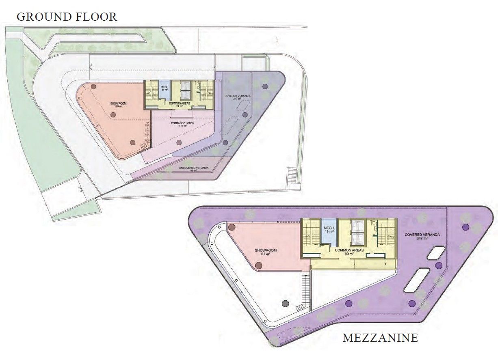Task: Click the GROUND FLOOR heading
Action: click(67, 17)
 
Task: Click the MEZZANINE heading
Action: click(380, 338)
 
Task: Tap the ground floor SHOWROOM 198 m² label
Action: click(119, 105)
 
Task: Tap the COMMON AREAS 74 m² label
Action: click(180, 105)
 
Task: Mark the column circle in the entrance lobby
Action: click(179, 142)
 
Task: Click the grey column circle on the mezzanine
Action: click(285, 303)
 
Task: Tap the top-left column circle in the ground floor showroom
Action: click(93, 86)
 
